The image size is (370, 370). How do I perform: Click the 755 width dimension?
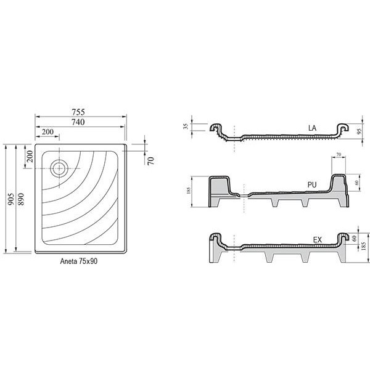(78, 112)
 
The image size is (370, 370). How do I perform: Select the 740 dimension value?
(78, 122)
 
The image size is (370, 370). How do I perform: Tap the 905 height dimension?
(10, 199)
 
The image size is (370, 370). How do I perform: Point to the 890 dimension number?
(21, 199)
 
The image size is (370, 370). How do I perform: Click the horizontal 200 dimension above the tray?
(47, 132)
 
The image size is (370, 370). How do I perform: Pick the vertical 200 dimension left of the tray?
(30, 157)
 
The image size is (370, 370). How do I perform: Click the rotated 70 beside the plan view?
(151, 161)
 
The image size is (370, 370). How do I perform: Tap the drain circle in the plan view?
(60, 168)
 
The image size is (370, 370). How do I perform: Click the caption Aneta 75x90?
(78, 261)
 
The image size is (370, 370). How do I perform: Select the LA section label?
(312, 128)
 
